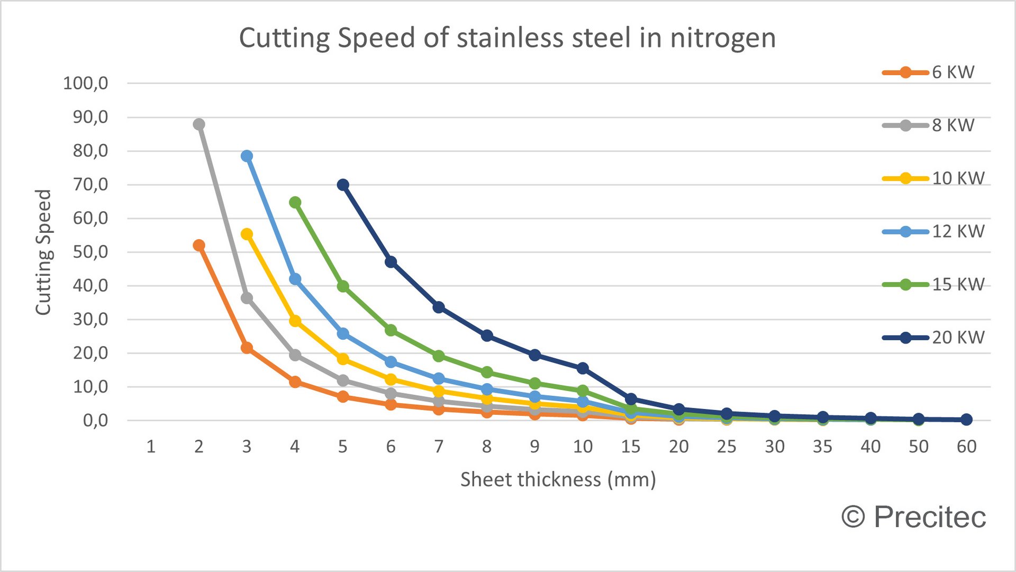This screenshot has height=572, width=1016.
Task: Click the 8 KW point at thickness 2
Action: click(x=199, y=124)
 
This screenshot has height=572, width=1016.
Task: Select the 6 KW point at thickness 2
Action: click(x=199, y=246)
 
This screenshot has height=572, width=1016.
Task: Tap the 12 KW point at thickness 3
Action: click(x=247, y=156)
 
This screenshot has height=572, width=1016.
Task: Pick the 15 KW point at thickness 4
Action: click(x=295, y=203)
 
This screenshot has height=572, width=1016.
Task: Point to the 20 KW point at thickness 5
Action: click(x=343, y=185)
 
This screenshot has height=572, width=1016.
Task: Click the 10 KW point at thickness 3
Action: click(x=247, y=234)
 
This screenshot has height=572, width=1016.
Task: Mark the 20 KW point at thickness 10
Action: click(x=583, y=368)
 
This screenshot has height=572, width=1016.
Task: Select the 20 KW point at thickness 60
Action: click(x=966, y=419)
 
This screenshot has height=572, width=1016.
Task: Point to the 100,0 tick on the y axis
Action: click(x=86, y=83)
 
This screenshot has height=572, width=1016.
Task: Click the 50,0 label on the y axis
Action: click(x=90, y=252)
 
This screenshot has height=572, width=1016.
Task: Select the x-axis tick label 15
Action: click(x=630, y=447)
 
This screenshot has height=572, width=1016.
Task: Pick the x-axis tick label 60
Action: click(x=966, y=447)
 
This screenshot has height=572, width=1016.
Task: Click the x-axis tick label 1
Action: click(x=151, y=447)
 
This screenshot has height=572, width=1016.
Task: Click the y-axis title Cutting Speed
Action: click(x=43, y=252)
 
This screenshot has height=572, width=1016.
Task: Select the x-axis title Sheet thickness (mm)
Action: click(x=558, y=479)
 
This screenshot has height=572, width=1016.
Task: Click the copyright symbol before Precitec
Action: click(x=853, y=516)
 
